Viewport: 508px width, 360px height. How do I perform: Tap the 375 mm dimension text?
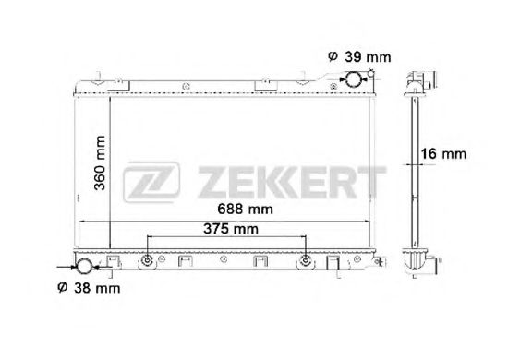pos(231,229)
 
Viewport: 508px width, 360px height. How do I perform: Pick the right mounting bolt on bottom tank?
pos(306,265)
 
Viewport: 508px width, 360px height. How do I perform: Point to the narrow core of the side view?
pos(415,166)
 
